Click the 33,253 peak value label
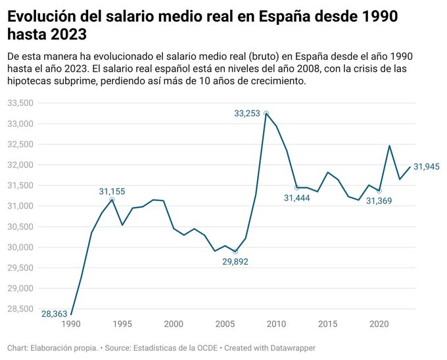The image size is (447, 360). pyautogui.click(x=247, y=113)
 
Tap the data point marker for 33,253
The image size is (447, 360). pyautogui.click(x=266, y=114)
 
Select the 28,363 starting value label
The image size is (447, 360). pyautogui.click(x=54, y=314)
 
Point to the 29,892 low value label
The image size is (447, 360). pyautogui.click(x=235, y=261)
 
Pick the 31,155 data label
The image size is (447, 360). pyautogui.click(x=112, y=191)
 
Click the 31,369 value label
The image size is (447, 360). pyautogui.click(x=379, y=200)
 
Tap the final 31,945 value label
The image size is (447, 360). pyautogui.click(x=426, y=167)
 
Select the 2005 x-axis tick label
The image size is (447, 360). pyautogui.click(x=225, y=324)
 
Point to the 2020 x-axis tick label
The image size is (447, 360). pyautogui.click(x=379, y=324)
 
